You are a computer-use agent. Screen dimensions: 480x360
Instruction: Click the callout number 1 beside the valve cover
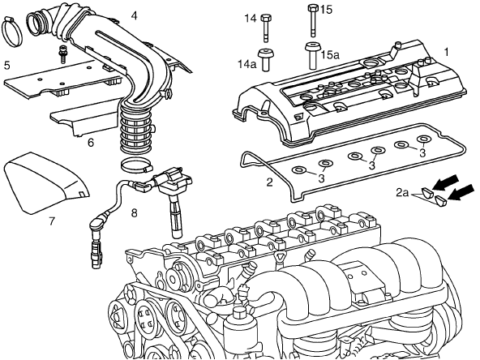[x=446, y=52]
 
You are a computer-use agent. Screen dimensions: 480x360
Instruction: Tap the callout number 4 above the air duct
[x=134, y=15]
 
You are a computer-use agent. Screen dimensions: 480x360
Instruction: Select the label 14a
[x=247, y=64]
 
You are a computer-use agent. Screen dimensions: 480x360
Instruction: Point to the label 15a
[x=330, y=55]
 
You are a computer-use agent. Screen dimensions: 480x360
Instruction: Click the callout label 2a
[x=402, y=192]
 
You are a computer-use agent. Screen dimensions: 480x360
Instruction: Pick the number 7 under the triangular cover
[x=52, y=221]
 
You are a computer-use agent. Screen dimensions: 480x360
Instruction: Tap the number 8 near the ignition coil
[x=134, y=212]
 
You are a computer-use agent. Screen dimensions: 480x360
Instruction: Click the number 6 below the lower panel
[x=91, y=143]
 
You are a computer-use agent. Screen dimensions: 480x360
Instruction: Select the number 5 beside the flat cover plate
[x=7, y=65]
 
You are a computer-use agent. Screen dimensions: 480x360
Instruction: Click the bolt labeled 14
[x=265, y=28]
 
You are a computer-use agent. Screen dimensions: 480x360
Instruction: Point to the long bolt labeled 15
[x=313, y=20]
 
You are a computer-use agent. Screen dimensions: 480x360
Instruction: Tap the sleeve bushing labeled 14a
[x=266, y=60]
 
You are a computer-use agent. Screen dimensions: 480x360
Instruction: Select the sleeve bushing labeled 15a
[x=312, y=56]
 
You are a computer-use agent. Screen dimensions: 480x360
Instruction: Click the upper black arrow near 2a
[x=445, y=182]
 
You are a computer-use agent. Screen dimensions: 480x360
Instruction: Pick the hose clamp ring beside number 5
[x=12, y=32]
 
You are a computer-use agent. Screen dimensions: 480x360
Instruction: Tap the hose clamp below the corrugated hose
[x=136, y=165]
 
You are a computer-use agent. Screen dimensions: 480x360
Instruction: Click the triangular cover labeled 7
[x=46, y=182]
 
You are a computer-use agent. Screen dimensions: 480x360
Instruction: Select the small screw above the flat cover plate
[x=63, y=54]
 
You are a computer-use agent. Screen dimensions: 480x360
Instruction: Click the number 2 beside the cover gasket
[x=269, y=182]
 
